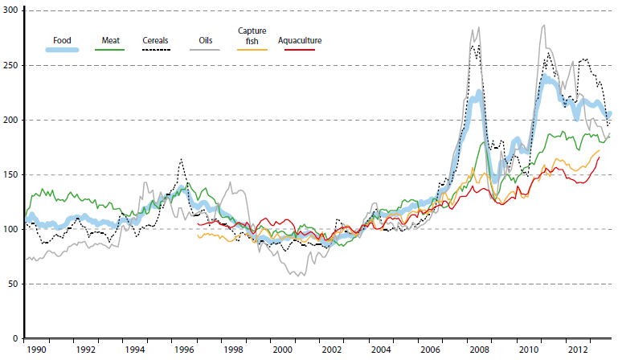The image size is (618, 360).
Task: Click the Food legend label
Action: pyautogui.click(x=62, y=39)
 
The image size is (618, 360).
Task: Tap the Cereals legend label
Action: pyautogui.click(x=156, y=39)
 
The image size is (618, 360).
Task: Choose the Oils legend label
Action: pyautogui.click(x=207, y=39)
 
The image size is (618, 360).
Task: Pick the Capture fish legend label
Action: pyautogui.click(x=252, y=35)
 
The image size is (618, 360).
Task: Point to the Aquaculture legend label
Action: pyautogui.click(x=299, y=39)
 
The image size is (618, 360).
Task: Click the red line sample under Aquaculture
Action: pyautogui.click(x=299, y=50)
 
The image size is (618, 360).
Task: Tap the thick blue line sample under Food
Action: pyautogui.click(x=62, y=50)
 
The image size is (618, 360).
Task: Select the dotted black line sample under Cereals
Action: pyautogui.click(x=156, y=50)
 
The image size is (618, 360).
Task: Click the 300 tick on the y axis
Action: pyautogui.click(x=11, y=10)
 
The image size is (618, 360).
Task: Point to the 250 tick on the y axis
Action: pyautogui.click(x=11, y=65)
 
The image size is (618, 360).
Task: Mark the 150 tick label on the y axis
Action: pyautogui.click(x=11, y=174)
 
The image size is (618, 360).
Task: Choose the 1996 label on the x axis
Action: pyautogui.click(x=183, y=351)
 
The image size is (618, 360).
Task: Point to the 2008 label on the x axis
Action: pyautogui.click(x=479, y=351)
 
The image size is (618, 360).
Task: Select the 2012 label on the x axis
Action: pyautogui.click(x=578, y=351)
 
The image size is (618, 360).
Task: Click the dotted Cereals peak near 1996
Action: pyautogui.click(x=182, y=159)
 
